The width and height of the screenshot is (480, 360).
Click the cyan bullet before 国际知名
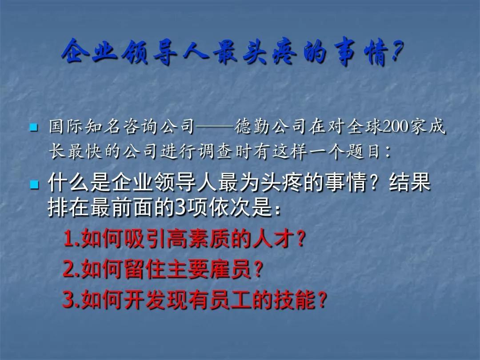pos(34,127)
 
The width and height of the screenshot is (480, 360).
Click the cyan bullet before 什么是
pos(34,184)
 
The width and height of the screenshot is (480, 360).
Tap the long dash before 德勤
pos(214,127)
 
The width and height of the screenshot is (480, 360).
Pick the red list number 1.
pos(69,239)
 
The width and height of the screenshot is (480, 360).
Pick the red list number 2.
pos(69,269)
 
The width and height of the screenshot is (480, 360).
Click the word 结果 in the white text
pos(410,183)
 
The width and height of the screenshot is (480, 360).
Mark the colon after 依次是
pos(278,210)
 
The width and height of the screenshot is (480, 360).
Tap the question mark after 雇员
pos(259,269)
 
